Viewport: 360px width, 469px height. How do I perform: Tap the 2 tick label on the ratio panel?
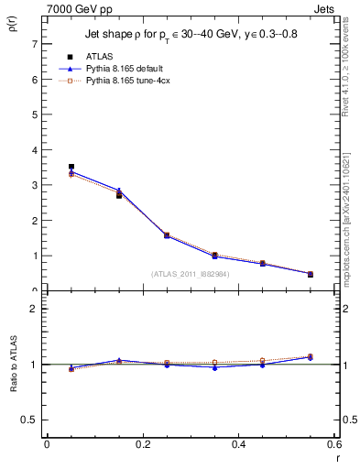tap(33, 309)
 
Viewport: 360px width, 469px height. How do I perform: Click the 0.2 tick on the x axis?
tap(142, 444)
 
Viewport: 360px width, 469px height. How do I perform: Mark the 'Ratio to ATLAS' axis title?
tap(14, 365)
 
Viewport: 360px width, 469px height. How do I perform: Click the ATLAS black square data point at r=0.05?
tap(71, 167)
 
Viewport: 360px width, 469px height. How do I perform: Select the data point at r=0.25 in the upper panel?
tap(167, 235)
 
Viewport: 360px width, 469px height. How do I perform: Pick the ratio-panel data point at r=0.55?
tap(310, 357)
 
